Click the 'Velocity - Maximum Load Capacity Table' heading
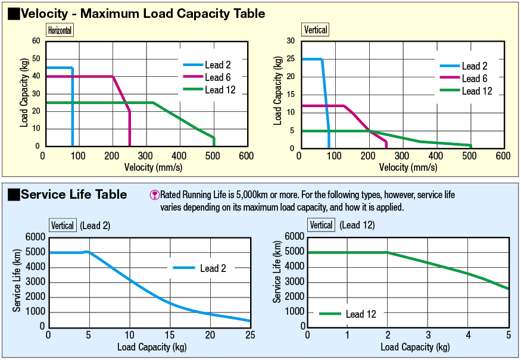[143, 13]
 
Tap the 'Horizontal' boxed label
[60, 30]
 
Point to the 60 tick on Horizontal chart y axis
[36, 41]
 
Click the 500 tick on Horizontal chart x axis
[212, 156]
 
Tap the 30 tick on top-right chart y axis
[291, 41]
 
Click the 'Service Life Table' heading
[73, 195]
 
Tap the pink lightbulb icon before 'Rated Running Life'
[155, 195]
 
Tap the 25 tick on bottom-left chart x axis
[250, 336]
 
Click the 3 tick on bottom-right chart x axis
[428, 336]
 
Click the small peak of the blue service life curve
[88, 252]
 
